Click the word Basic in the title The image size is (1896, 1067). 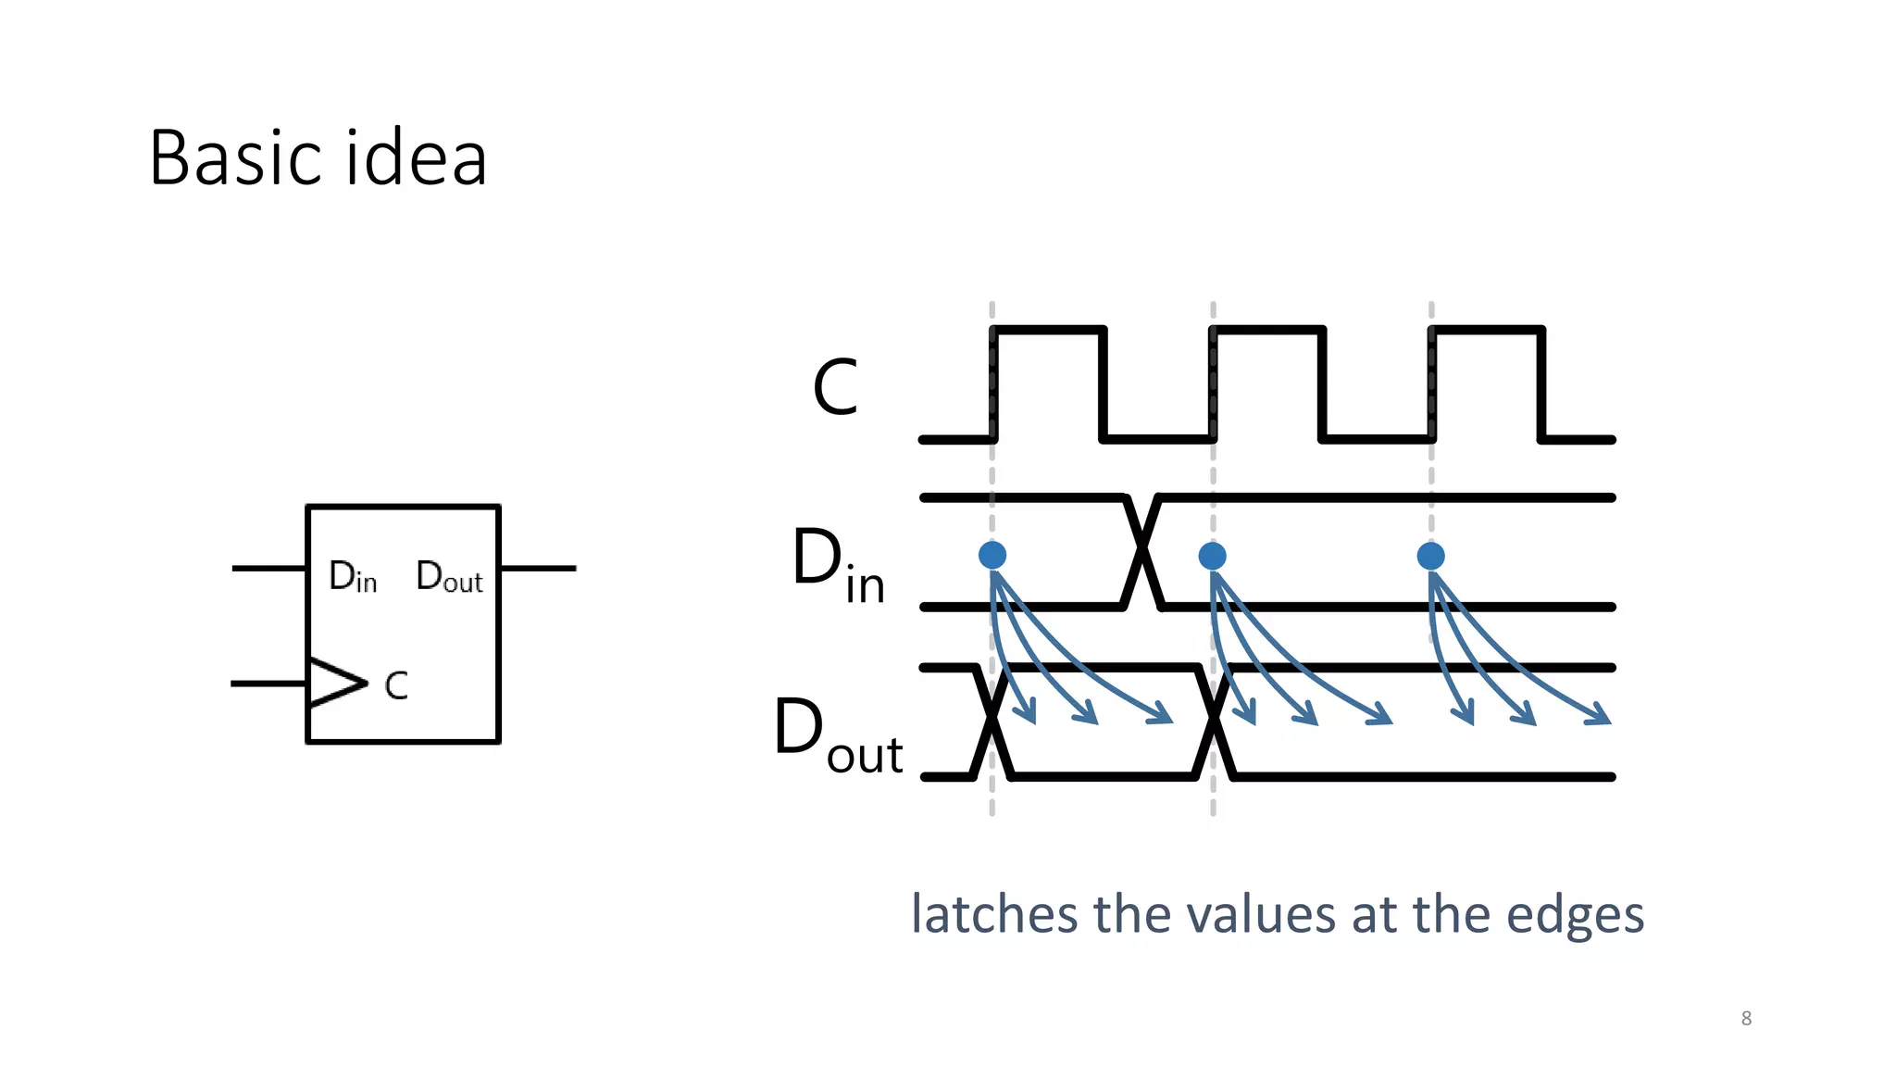pos(236,158)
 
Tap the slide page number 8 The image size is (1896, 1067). pos(1746,1018)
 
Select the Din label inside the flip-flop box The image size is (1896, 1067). pos(353,577)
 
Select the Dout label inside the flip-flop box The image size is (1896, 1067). pos(449,577)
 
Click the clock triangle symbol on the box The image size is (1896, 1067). pos(335,684)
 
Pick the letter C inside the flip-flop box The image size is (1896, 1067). pos(396,686)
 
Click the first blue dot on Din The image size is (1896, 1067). pos(992,555)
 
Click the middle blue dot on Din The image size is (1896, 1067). pos(1212,556)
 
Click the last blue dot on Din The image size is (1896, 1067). pos(1430,556)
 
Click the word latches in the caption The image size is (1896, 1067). pos(995,914)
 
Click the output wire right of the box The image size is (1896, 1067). pos(538,568)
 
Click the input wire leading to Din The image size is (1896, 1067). pos(268,568)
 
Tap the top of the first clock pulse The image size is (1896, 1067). pos(1048,329)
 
